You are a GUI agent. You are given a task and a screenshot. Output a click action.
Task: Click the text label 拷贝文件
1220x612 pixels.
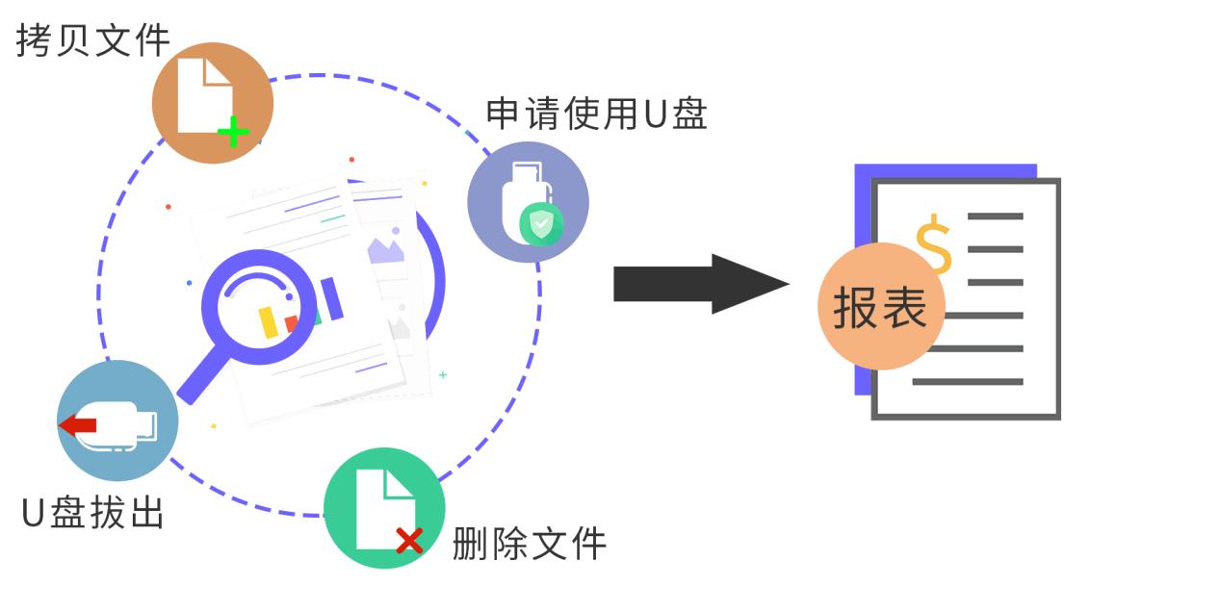92,40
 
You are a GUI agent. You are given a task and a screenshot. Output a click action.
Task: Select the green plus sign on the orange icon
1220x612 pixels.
232,132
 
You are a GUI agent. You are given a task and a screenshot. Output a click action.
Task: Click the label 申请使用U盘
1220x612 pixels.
597,114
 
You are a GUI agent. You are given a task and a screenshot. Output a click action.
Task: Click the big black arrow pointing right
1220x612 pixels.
700,284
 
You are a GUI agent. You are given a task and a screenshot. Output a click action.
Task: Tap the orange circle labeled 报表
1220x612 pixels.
880,308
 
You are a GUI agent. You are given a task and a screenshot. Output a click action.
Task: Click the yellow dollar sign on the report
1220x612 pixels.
933,243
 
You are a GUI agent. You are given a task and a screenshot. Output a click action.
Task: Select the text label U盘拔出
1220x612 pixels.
92,512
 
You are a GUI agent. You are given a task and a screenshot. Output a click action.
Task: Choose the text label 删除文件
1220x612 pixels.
530,544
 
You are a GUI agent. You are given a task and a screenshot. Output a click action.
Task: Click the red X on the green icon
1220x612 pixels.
409,540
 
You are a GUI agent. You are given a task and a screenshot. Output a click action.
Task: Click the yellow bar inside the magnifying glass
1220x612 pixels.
269,321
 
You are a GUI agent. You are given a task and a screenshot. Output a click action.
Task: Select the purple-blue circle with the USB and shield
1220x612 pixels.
528,202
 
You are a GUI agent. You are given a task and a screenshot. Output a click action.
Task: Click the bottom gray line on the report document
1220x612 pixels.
967,382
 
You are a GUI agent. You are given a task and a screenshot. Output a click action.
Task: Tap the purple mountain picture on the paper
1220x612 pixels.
385,249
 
